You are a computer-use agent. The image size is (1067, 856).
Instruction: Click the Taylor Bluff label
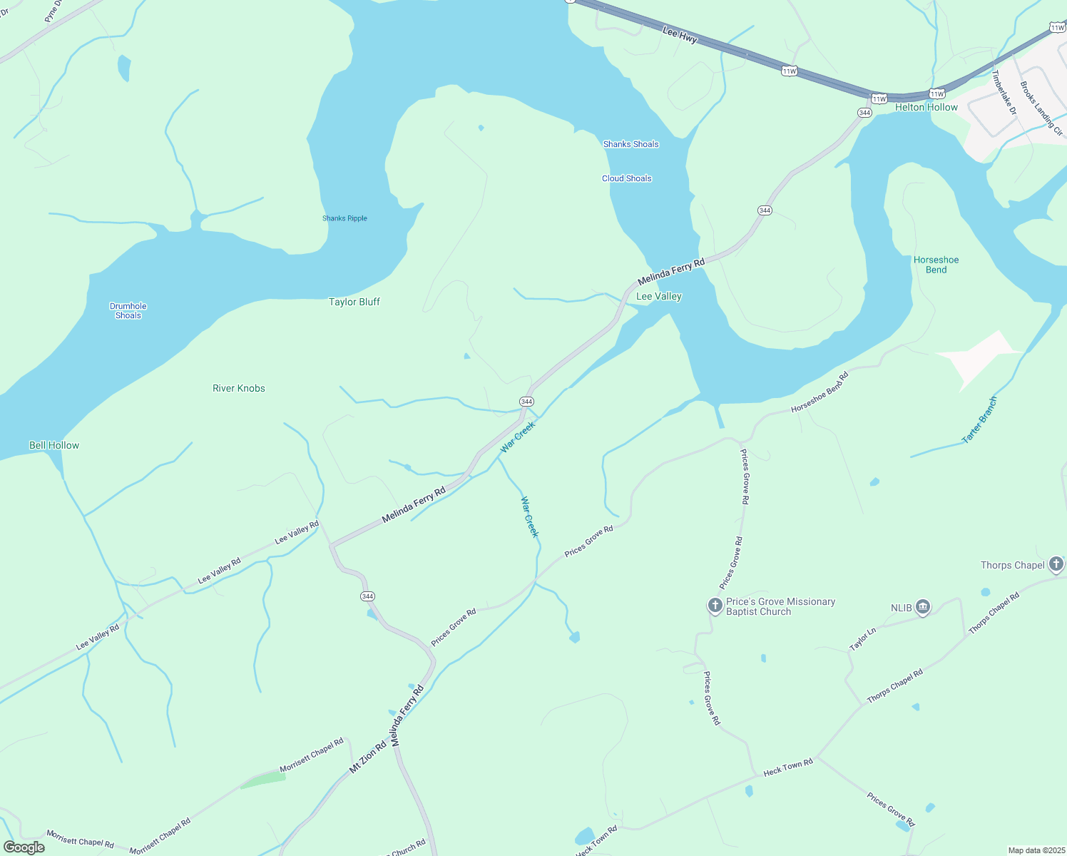(354, 302)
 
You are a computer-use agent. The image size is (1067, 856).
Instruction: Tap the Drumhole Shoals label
(128, 310)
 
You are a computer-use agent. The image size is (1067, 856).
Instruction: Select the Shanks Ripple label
(344, 218)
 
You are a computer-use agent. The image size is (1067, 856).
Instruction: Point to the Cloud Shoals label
(626, 178)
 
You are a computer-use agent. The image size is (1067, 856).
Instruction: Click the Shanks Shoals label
(630, 144)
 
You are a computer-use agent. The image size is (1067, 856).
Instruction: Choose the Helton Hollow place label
(926, 107)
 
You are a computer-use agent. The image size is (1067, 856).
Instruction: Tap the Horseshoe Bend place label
(936, 265)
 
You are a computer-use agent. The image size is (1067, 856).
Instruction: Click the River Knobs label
(238, 388)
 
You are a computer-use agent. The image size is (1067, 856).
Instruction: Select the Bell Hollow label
(54, 445)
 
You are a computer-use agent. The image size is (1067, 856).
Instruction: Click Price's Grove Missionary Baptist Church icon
(715, 606)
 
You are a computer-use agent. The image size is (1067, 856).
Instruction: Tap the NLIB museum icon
(922, 607)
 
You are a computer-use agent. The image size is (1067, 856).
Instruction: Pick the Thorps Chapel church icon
(1056, 564)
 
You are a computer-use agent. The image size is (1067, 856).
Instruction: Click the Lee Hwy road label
(679, 35)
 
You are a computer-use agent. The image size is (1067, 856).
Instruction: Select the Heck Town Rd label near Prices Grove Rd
(787, 768)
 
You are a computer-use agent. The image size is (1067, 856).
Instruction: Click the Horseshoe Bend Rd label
(820, 392)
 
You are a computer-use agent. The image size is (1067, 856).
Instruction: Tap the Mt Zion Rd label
(367, 758)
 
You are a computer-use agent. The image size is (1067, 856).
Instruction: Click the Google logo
(24, 847)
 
